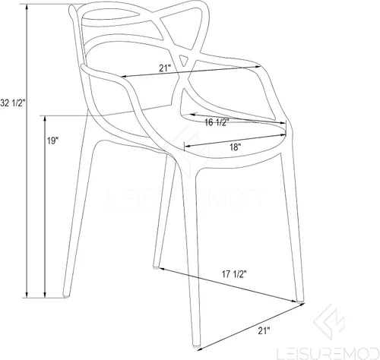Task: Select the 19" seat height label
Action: pos(52,141)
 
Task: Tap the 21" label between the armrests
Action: pos(165,68)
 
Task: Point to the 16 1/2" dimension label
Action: pos(217,122)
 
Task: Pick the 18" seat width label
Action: pos(235,147)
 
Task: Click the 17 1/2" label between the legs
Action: pos(234,274)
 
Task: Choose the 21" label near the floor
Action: pos(264,330)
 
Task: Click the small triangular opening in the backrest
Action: pos(184,60)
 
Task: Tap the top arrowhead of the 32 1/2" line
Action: pos(27,7)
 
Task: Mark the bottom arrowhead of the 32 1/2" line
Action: pos(27,295)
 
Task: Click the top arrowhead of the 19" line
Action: pos(45,119)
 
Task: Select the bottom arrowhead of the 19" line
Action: pos(45,295)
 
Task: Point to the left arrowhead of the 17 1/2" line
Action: pos(162,268)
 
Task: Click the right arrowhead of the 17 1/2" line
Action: pos(294,301)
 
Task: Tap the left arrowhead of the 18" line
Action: pos(188,146)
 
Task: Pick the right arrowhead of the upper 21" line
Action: pos(258,67)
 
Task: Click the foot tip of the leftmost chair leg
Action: pos(65,296)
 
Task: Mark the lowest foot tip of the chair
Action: pos(197,346)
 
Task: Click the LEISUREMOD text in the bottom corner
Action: pos(328,354)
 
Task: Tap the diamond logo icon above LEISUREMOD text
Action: pos(329,322)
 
